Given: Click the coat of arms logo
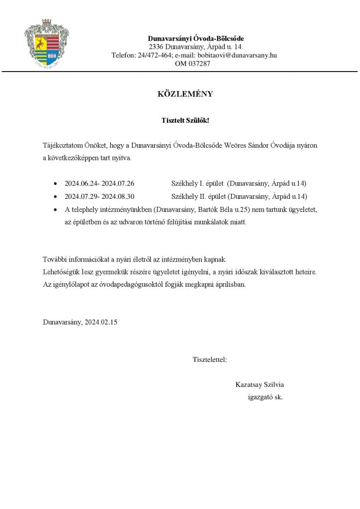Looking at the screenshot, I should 47,44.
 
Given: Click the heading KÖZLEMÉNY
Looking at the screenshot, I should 185,94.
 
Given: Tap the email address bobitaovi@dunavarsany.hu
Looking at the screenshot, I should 237,55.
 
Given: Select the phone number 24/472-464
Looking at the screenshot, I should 155,55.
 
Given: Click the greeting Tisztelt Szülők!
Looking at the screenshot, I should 185,121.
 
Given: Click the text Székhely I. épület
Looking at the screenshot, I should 196,183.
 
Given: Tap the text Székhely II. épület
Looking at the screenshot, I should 197,196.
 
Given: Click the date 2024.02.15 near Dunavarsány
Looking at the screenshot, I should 101,322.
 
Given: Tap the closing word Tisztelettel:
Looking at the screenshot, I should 210,359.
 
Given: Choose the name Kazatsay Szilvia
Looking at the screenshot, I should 260,385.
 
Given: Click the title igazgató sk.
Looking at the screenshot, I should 265,397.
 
